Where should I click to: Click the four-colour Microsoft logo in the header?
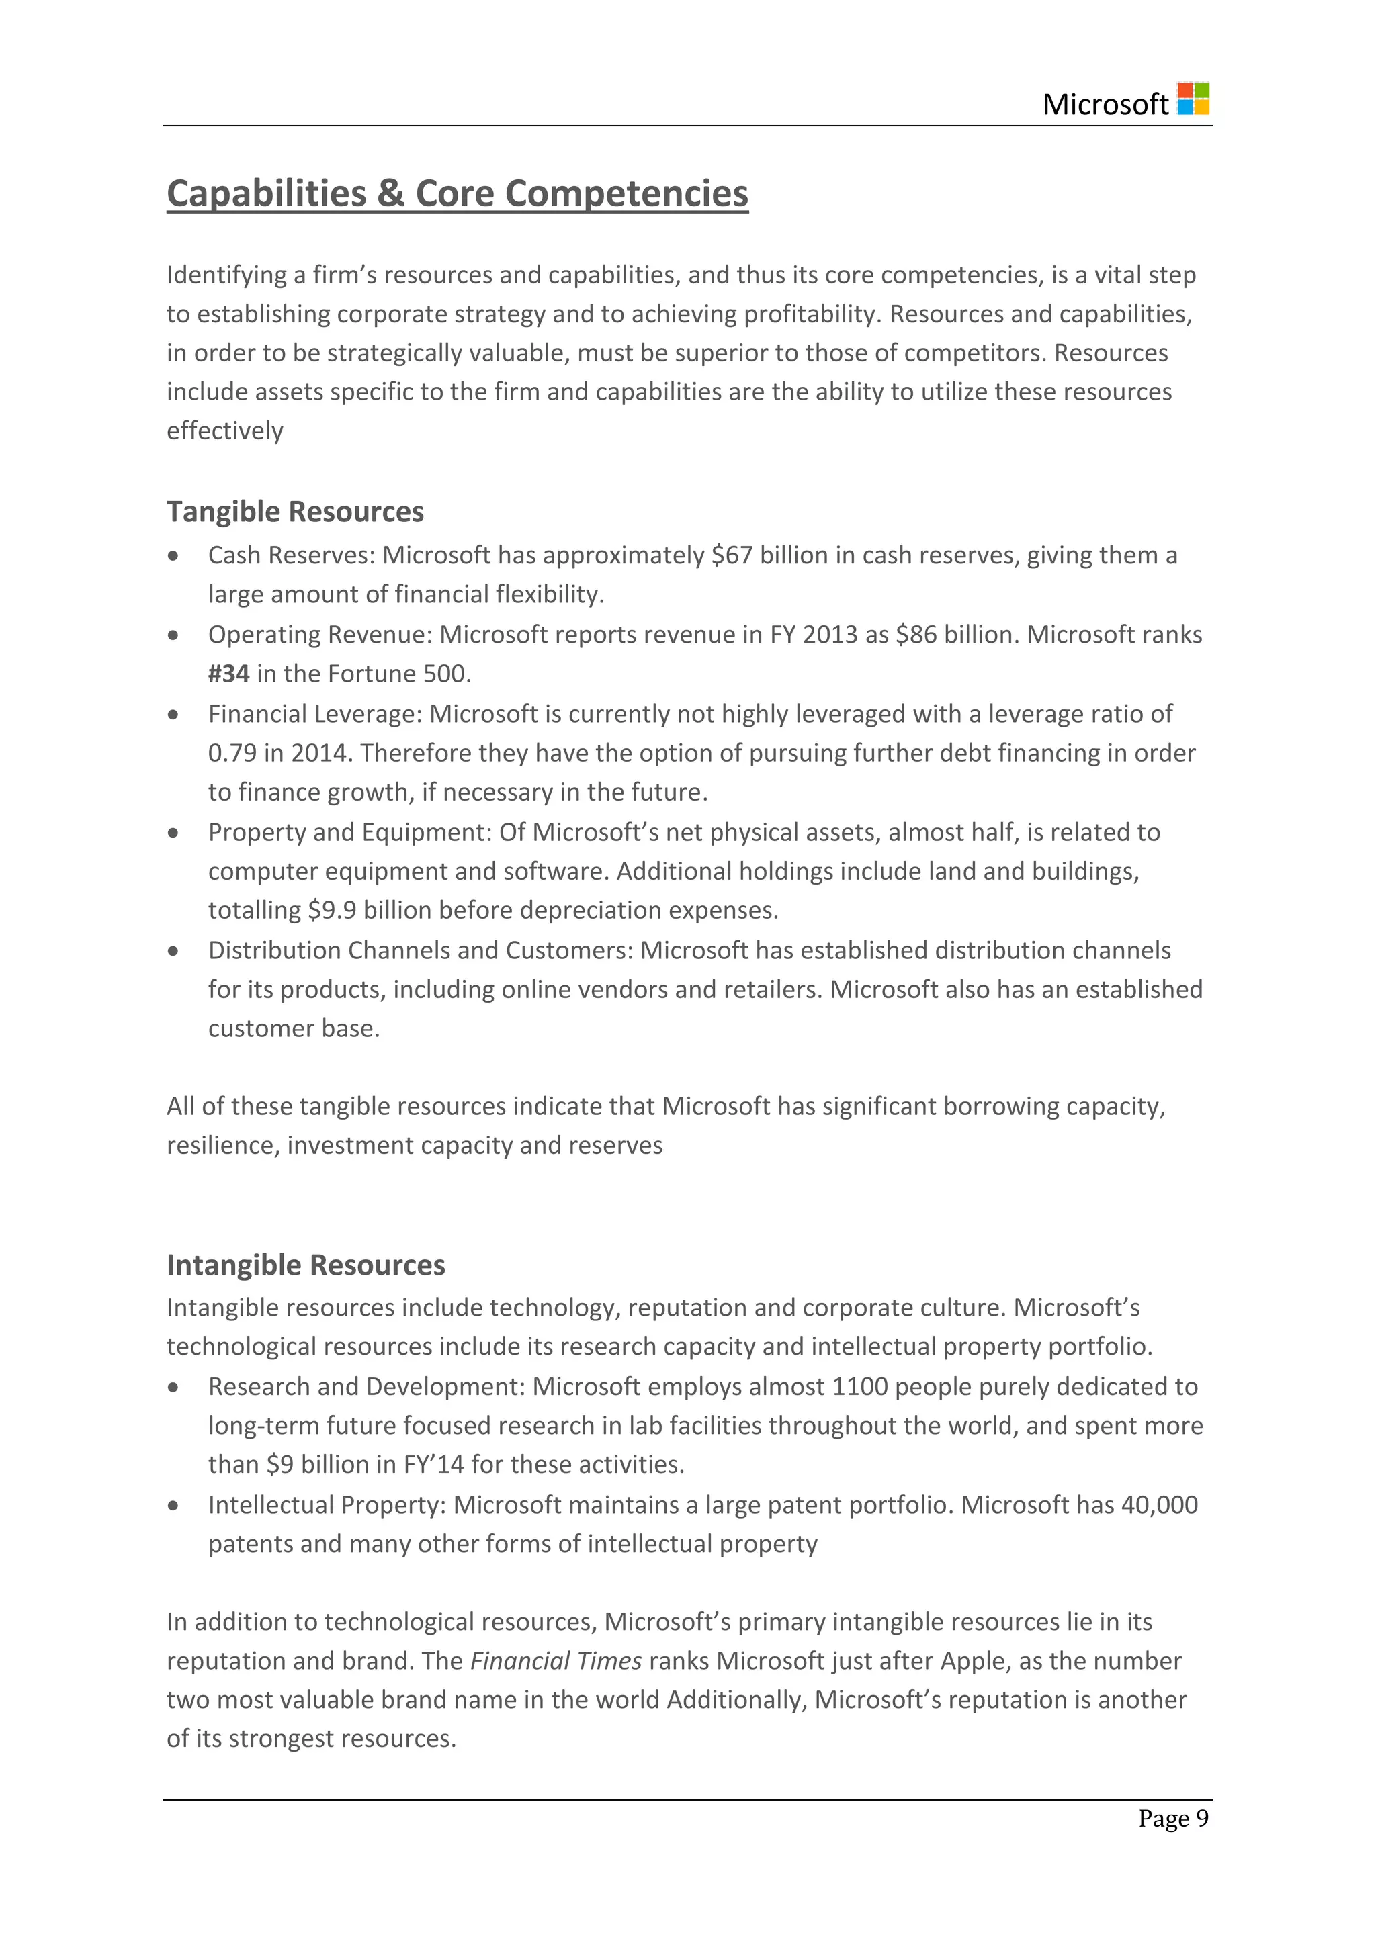pos(1193,99)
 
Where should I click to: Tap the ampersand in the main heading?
pos(390,193)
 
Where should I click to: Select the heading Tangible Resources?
pos(295,512)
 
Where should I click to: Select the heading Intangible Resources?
pos(305,1265)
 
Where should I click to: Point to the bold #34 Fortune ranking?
pos(228,674)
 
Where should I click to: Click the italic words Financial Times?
pos(556,1661)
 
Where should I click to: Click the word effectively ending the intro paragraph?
pos(224,431)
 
